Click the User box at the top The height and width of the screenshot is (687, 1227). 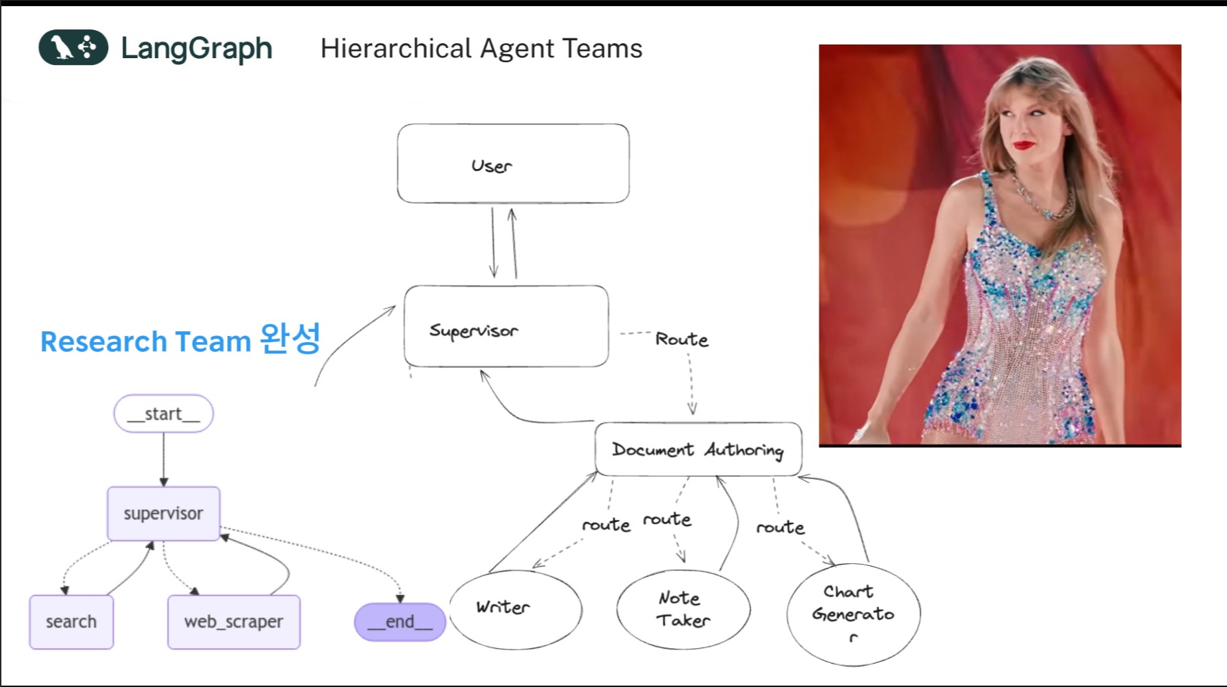click(513, 164)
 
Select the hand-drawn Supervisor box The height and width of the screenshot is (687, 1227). click(506, 326)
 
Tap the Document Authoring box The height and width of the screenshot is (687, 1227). click(698, 449)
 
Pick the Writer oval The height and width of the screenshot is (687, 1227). click(516, 608)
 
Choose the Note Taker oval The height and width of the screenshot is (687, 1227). click(683, 609)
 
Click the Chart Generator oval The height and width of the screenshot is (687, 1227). click(853, 614)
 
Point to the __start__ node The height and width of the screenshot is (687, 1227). click(163, 413)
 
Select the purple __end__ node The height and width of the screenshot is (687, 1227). click(400, 621)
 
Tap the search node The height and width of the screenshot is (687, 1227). click(71, 621)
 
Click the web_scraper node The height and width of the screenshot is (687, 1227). click(233, 621)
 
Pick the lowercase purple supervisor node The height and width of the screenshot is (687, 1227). click(163, 513)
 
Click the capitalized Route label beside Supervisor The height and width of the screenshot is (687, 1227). click(681, 339)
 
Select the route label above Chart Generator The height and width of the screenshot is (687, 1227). click(780, 527)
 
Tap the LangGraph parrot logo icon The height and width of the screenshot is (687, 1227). click(73, 48)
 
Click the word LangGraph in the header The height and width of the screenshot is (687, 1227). click(196, 49)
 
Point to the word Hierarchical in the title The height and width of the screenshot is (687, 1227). click(396, 49)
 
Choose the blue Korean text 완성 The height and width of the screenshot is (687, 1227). click(290, 339)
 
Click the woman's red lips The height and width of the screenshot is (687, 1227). click(1024, 145)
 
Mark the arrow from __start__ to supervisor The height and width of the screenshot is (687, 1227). click(163, 459)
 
